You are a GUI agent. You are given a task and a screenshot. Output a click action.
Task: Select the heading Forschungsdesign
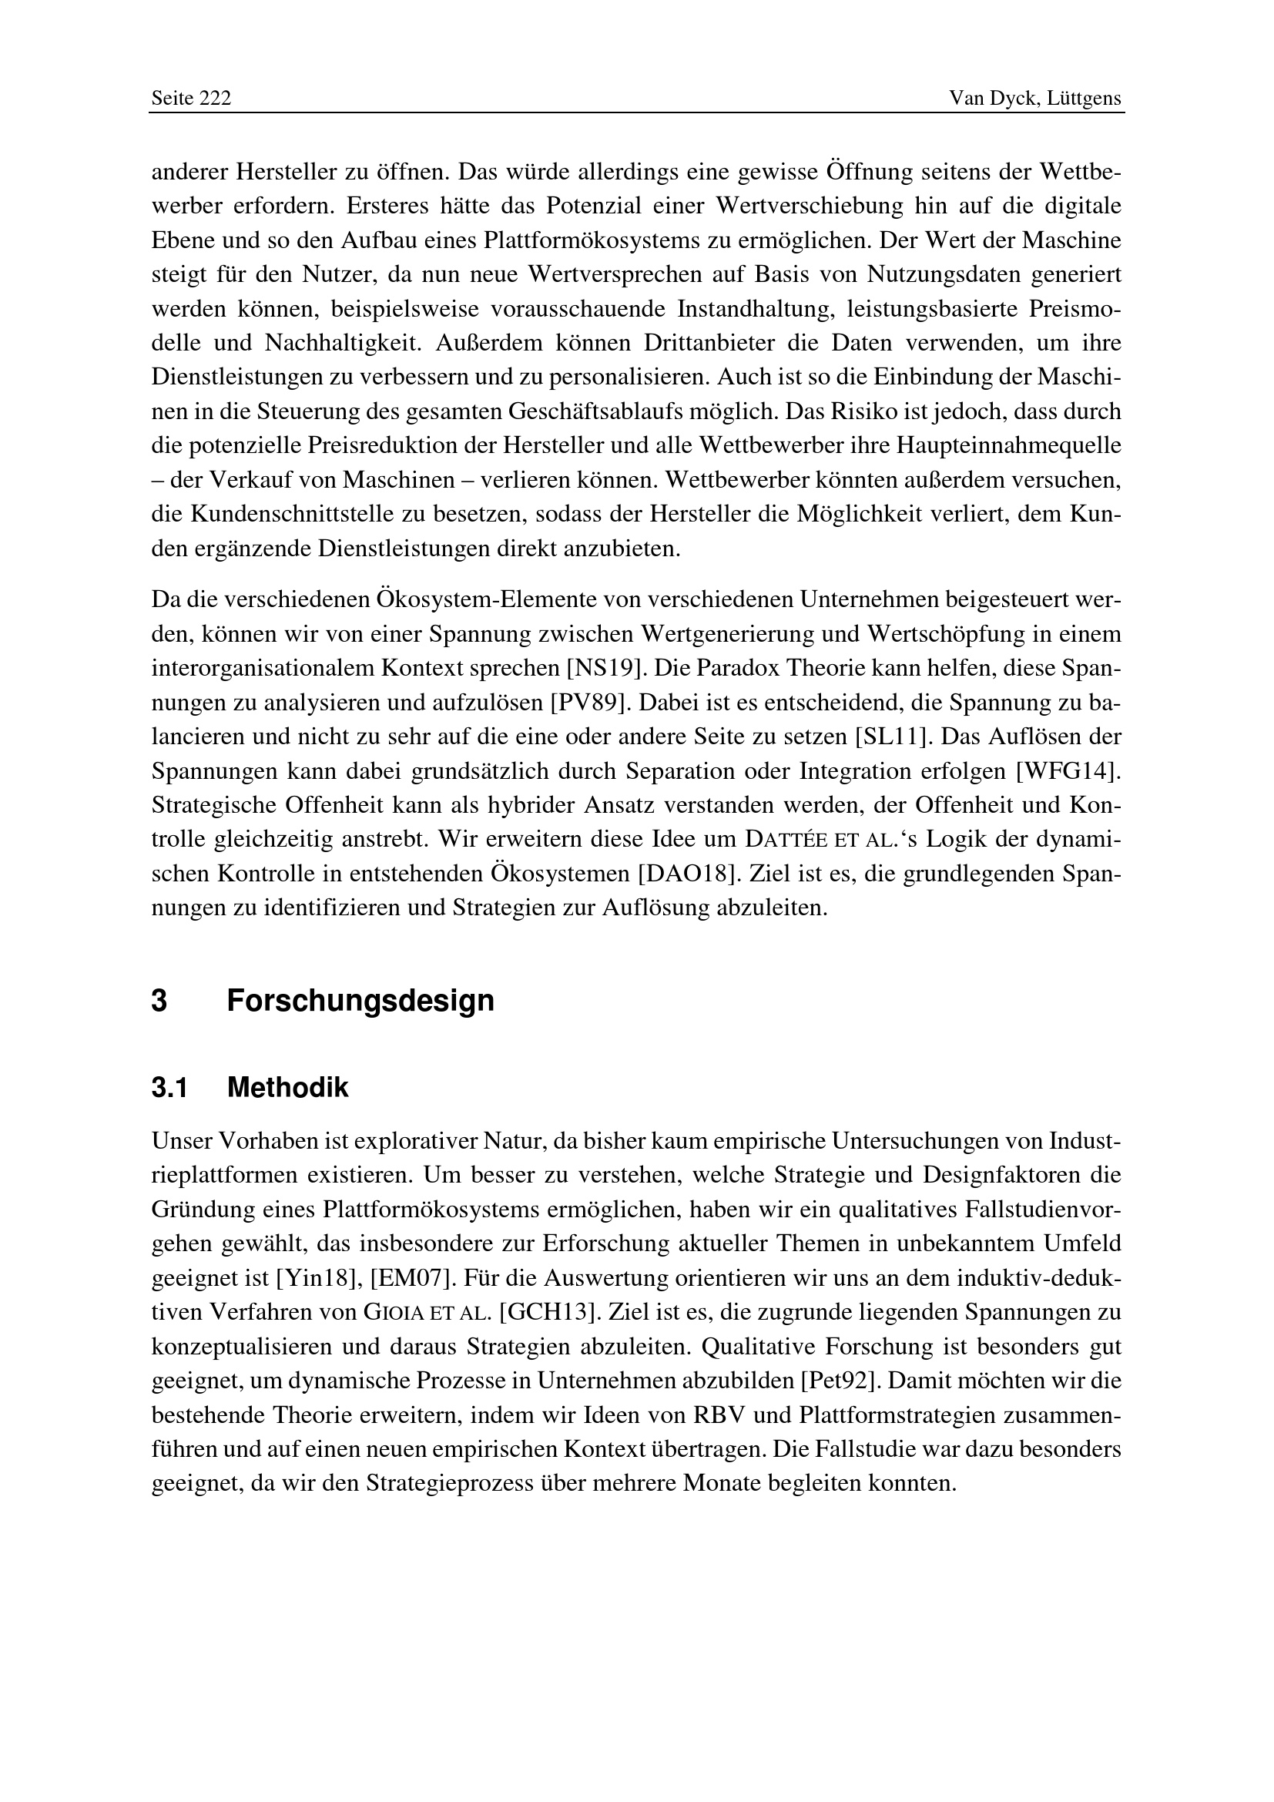[360, 1001]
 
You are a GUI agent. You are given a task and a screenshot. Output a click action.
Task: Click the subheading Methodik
[287, 1088]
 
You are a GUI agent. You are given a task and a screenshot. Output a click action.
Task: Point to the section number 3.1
[169, 1088]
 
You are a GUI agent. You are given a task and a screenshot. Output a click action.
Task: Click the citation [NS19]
[605, 668]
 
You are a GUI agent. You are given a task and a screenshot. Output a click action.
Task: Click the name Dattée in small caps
[785, 840]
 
